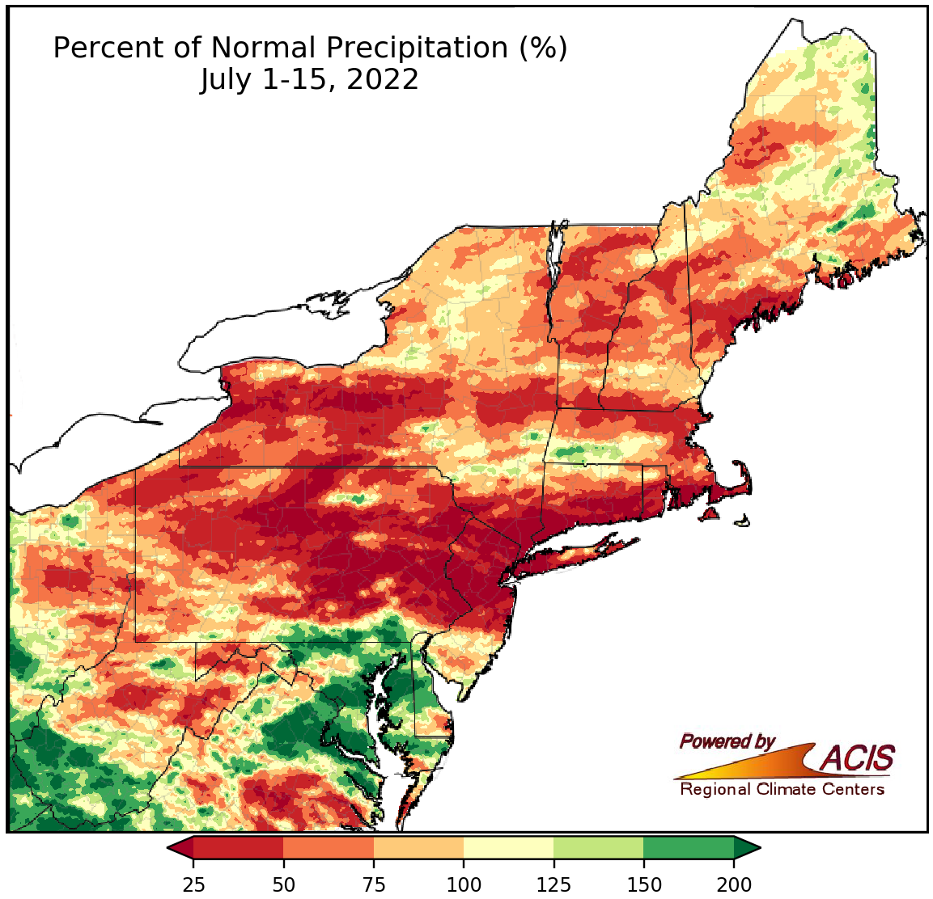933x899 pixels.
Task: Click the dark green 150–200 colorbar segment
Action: [x=689, y=848]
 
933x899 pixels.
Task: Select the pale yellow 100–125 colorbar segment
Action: [x=508, y=848]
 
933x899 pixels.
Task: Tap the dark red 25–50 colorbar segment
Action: [x=238, y=848]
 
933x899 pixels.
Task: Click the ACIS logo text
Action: [x=858, y=758]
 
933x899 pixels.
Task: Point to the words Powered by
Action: [x=727, y=741]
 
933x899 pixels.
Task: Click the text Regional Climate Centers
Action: [x=782, y=789]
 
